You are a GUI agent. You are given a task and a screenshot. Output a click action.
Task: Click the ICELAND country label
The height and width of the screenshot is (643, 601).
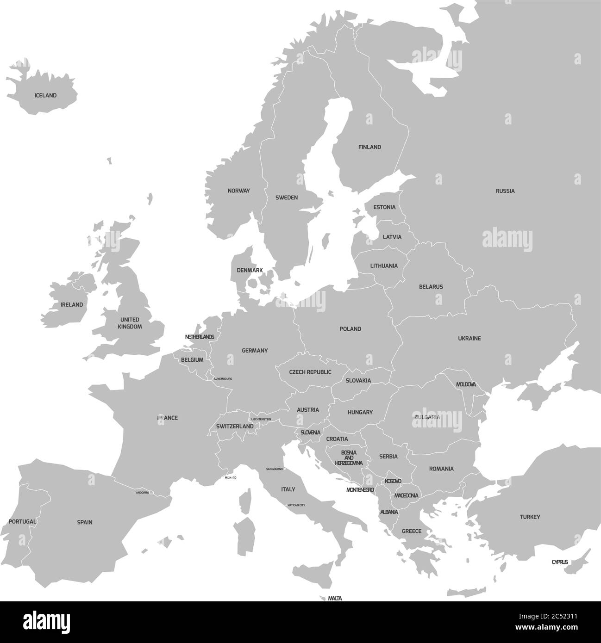[x=45, y=96]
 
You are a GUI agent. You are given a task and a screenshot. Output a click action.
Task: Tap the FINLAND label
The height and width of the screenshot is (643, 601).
[x=369, y=147]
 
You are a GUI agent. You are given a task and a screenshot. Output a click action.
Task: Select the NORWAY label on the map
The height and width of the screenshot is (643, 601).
[x=238, y=191]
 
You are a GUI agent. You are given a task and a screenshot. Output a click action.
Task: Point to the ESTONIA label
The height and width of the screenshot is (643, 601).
[x=384, y=207]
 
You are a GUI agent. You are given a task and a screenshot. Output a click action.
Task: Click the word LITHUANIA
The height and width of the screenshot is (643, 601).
[x=384, y=266]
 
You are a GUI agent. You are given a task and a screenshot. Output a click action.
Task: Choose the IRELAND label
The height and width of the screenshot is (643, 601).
[x=72, y=305]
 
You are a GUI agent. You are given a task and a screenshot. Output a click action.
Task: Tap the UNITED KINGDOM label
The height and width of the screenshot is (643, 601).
[x=130, y=323]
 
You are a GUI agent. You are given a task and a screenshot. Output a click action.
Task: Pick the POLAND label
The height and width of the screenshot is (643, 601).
[x=351, y=329]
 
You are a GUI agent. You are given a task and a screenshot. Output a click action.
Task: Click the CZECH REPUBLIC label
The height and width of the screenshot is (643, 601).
[x=310, y=372]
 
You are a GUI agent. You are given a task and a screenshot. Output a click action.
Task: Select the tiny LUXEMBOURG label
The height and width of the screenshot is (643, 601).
[x=223, y=379]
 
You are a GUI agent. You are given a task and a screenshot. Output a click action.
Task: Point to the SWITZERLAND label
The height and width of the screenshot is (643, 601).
[x=235, y=426]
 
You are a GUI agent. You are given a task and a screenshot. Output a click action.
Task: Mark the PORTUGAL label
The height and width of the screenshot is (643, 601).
[x=22, y=521]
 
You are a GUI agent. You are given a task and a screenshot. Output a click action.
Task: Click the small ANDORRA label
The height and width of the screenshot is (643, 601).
[x=143, y=493]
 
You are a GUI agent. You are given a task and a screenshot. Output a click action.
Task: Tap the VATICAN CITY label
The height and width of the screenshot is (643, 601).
[x=296, y=505]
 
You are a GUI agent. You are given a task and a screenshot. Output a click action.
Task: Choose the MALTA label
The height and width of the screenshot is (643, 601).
[x=335, y=599]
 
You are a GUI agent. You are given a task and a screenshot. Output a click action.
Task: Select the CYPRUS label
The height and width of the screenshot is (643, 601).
[x=560, y=562]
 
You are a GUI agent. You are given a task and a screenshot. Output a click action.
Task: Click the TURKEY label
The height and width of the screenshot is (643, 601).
[x=530, y=517]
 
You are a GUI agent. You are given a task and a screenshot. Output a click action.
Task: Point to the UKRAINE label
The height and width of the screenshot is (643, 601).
[x=470, y=339]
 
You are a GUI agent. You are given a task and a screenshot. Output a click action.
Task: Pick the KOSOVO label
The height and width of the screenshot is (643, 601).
[x=393, y=482]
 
